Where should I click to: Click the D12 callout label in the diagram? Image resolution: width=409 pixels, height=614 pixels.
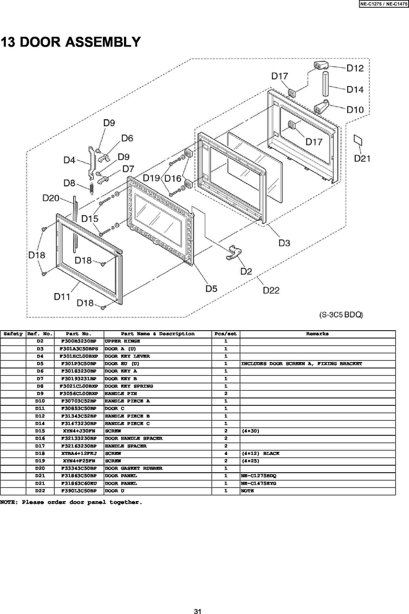point(355,68)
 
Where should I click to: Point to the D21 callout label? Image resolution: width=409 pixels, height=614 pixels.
point(362,159)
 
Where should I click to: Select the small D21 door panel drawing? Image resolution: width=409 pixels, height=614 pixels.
point(358,140)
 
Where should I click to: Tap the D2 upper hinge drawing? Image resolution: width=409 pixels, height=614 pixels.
point(233,252)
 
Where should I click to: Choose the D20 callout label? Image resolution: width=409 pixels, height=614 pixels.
point(51,198)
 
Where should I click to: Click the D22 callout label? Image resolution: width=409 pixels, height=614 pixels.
point(271,290)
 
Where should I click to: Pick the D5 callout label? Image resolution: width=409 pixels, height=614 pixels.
point(211,288)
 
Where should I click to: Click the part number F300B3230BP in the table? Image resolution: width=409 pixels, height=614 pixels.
point(79,341)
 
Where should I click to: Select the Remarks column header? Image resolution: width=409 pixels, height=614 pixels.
point(317,334)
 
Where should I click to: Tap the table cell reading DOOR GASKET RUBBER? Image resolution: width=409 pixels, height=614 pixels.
point(134,468)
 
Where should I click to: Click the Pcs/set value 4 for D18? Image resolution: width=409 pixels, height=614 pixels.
point(226,453)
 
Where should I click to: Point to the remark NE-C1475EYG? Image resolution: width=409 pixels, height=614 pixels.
point(259,483)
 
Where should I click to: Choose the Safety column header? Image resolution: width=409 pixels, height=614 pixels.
point(13,334)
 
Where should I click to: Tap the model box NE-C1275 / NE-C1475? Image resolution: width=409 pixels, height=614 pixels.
point(384,4)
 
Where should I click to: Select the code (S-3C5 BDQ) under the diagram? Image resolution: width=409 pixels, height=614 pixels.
point(341,315)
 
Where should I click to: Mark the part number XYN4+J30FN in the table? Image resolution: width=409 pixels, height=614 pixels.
point(79,431)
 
